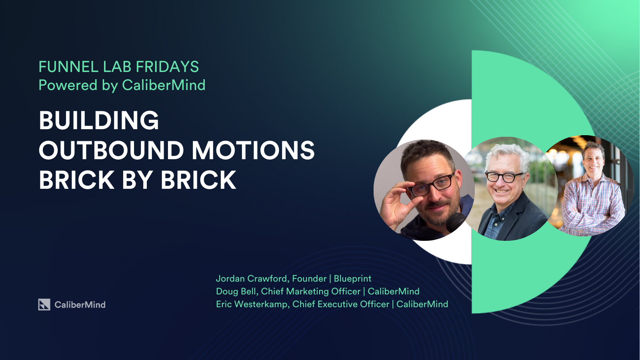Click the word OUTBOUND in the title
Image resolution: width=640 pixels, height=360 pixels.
coord(111,150)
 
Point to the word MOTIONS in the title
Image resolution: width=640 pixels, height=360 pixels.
coord(253,150)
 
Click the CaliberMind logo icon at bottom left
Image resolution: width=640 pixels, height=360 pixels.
coord(44,304)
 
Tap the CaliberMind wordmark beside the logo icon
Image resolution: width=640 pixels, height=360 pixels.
coord(80,305)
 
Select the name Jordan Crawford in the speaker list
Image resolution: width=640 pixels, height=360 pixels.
coord(252,278)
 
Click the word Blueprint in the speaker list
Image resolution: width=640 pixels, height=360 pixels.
coord(352,279)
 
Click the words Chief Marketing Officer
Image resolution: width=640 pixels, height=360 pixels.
coord(310,292)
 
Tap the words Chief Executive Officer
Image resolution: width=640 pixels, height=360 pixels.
coord(340,304)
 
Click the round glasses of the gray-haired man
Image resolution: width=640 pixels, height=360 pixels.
coord(504,177)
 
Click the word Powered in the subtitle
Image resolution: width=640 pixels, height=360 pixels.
coord(68,85)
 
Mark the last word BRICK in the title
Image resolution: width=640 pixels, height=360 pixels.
coord(198,180)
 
